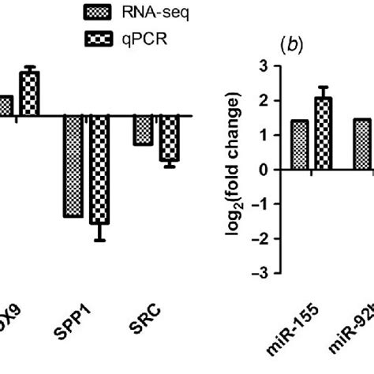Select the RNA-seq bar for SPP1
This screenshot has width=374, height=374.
point(73,166)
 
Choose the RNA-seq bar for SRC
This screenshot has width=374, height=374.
point(143,130)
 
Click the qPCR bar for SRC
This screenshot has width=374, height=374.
point(169,138)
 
